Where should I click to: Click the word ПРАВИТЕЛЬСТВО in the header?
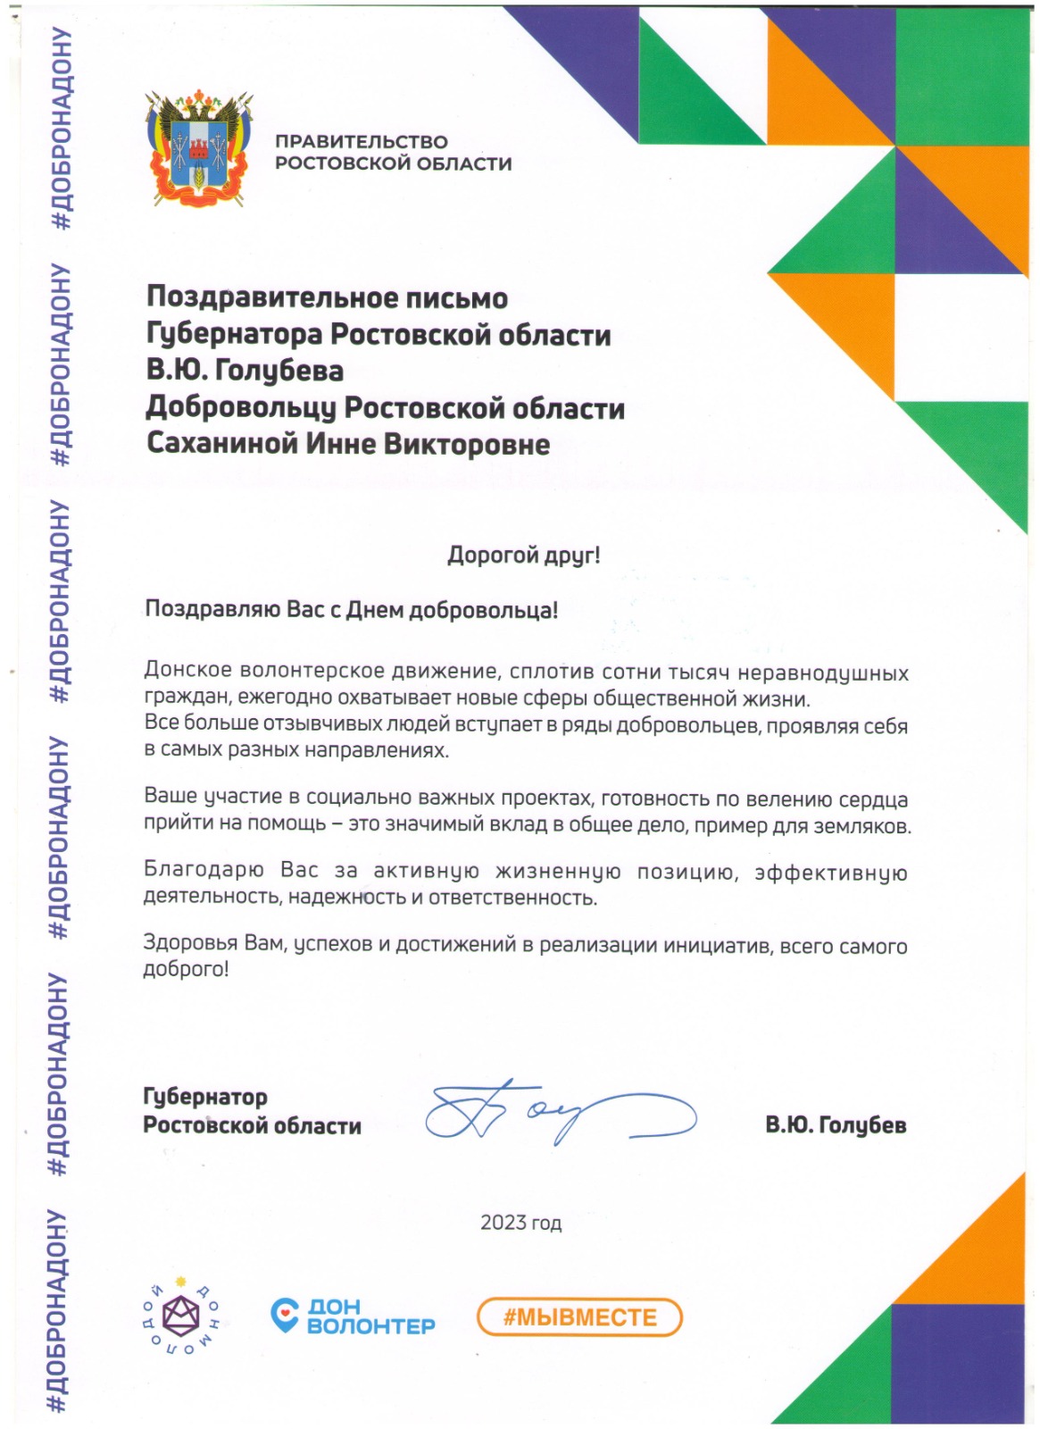click(361, 142)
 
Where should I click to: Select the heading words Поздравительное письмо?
click(327, 297)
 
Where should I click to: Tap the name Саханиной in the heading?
click(222, 444)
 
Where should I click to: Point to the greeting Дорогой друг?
click(523, 555)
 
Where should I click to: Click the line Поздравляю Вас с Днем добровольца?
click(351, 610)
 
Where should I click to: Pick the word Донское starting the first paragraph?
click(187, 671)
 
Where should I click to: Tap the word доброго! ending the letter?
click(186, 969)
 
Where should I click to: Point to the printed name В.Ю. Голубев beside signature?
click(836, 1125)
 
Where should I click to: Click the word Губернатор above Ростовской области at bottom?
click(205, 1097)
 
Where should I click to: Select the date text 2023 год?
click(520, 1223)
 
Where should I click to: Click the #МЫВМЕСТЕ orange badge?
click(579, 1317)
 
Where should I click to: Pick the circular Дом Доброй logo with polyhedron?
click(182, 1316)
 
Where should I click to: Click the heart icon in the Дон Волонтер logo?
click(285, 1314)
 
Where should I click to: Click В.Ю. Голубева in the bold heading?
click(245, 371)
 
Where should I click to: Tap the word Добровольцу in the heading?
click(241, 407)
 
